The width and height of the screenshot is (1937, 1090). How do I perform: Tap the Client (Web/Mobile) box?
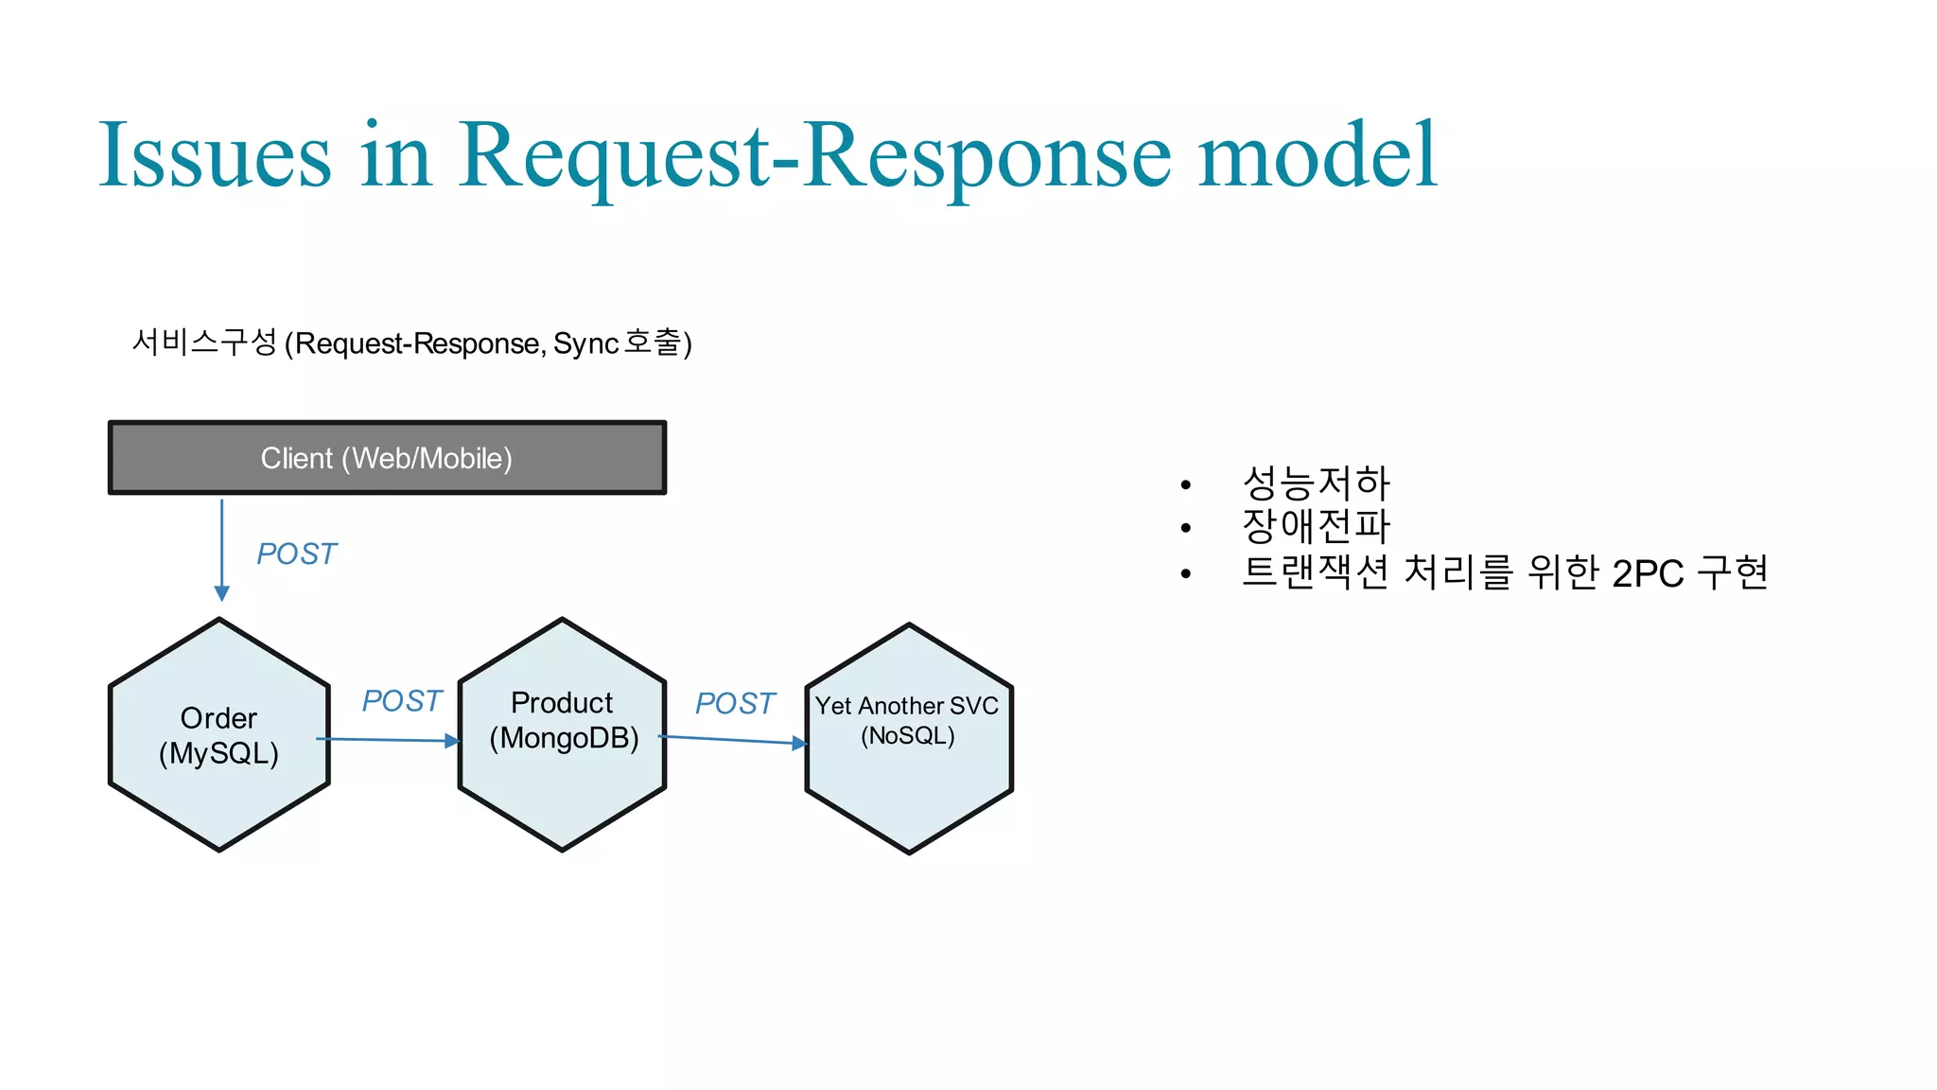point(387,458)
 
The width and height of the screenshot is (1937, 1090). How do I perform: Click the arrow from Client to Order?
point(222,549)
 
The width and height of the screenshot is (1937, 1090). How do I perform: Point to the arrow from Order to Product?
point(388,740)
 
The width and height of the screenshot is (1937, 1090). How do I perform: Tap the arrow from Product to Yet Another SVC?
point(733,740)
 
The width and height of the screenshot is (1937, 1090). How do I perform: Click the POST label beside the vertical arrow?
point(296,554)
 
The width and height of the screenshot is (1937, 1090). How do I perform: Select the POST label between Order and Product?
point(401,701)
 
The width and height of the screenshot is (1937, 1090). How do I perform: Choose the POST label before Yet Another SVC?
point(735,704)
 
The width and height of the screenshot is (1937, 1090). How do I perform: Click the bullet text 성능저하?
point(1316,483)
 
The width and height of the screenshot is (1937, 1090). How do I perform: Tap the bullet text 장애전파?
point(1316,526)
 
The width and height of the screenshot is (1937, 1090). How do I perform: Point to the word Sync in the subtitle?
point(585,343)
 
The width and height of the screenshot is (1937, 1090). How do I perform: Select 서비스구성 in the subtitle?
point(204,343)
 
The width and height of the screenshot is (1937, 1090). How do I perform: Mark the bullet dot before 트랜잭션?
point(1185,573)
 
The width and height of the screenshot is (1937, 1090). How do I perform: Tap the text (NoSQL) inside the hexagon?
point(907,736)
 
